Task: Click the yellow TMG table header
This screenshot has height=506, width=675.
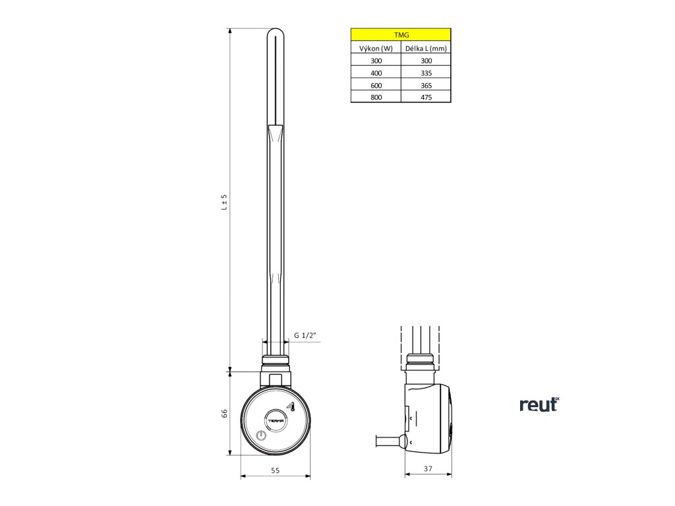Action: point(401,36)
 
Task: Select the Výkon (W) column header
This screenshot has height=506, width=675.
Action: point(376,48)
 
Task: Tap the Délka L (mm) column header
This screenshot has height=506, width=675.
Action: point(426,48)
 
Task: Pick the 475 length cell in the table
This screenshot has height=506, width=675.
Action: point(426,97)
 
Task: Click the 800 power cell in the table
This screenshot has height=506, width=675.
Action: point(376,97)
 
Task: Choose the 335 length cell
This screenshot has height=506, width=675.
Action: point(426,72)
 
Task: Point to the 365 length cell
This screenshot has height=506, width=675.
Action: point(426,84)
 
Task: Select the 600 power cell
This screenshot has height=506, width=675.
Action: point(376,84)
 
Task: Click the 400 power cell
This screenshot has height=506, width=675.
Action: point(376,72)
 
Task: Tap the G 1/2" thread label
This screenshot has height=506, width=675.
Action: point(305,335)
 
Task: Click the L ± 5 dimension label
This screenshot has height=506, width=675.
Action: point(224,202)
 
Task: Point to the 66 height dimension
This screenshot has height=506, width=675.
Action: point(224,413)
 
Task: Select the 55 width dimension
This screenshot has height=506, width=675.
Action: point(276,470)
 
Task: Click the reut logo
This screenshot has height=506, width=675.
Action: point(539,404)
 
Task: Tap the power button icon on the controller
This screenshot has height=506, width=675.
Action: point(261,435)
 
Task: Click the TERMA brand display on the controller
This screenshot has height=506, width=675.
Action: point(275,418)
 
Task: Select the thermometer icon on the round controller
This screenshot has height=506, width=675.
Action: point(290,407)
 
